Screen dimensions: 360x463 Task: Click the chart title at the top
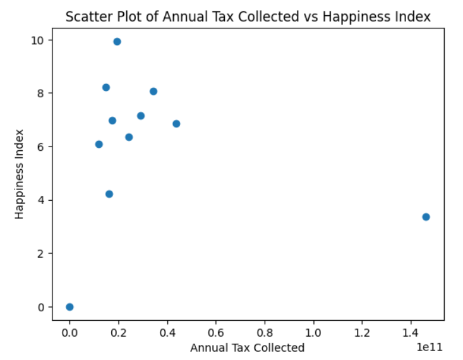click(x=248, y=17)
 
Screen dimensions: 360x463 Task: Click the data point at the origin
click(x=69, y=307)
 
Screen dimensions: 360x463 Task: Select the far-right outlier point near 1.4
click(x=426, y=217)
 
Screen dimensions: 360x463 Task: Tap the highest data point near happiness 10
click(x=117, y=42)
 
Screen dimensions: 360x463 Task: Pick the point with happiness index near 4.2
click(x=109, y=194)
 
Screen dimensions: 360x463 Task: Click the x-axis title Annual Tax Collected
click(x=247, y=347)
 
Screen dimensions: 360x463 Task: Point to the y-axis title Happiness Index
click(x=20, y=174)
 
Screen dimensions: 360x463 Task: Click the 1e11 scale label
click(x=430, y=347)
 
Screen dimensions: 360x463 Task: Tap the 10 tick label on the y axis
click(x=39, y=40)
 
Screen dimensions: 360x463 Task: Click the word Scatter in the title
click(x=87, y=17)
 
